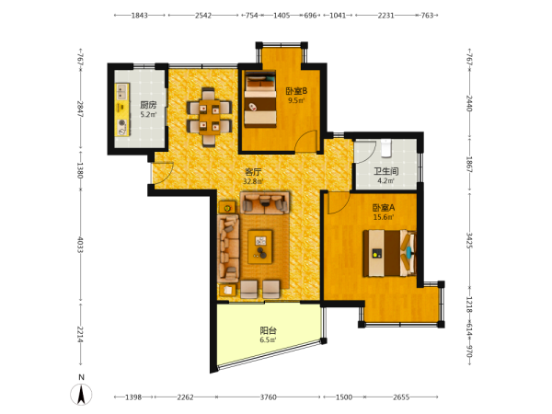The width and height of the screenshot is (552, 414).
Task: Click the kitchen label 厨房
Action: pyautogui.click(x=148, y=105)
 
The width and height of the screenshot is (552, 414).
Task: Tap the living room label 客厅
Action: pyautogui.click(x=254, y=172)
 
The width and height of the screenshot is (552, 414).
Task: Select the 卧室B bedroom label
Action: pyautogui.click(x=296, y=91)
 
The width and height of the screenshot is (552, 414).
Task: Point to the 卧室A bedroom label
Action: pyautogui.click(x=384, y=208)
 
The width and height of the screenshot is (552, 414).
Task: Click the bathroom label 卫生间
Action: pyautogui.click(x=386, y=171)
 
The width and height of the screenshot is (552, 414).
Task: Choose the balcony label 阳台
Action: pyautogui.click(x=268, y=330)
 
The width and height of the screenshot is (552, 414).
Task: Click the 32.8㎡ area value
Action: pyautogui.click(x=253, y=181)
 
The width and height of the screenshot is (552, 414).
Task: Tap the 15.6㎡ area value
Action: pyautogui.click(x=384, y=217)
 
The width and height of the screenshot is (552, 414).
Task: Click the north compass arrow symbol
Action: pyautogui.click(x=81, y=395)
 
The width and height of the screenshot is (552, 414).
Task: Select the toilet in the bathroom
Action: pyautogui.click(x=386, y=148)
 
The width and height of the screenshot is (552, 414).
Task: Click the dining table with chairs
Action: pyautogui.click(x=209, y=117)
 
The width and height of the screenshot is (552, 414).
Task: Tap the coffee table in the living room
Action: pyautogui.click(x=260, y=247)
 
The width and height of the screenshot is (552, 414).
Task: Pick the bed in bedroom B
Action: pyautogui.click(x=260, y=99)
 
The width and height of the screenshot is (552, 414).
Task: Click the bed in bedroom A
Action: pyautogui.click(x=390, y=253)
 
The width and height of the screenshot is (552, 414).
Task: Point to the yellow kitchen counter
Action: pyautogui.click(x=122, y=109)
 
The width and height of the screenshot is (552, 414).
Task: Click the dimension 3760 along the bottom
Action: pyautogui.click(x=269, y=397)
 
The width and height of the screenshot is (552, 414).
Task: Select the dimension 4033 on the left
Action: pyautogui.click(x=80, y=245)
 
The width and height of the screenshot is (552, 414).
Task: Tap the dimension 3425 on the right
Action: pyautogui.click(x=469, y=240)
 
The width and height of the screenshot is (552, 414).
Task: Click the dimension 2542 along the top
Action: pyautogui.click(x=203, y=15)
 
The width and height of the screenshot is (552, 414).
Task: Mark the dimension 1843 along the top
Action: pyautogui.click(x=140, y=15)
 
